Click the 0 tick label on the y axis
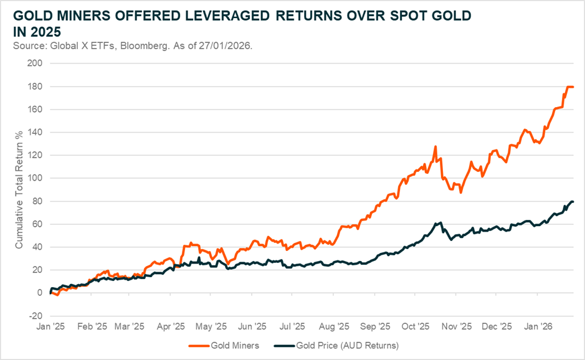click(x=39, y=293)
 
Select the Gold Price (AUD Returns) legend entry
click(x=349, y=344)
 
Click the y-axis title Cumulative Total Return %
click(x=19, y=190)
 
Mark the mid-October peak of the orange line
click(x=435, y=146)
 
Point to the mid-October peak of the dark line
click(x=441, y=222)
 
